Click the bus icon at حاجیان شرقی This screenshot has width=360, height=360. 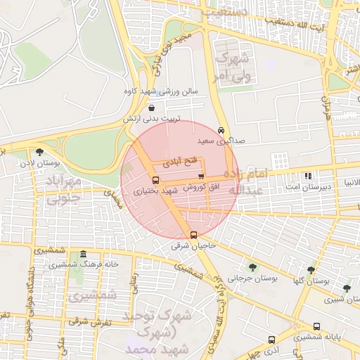click(x=194, y=236)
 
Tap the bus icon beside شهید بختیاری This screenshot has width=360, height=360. click(x=155, y=180)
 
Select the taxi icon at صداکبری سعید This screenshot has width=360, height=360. click(x=221, y=131)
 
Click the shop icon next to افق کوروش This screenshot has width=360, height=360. click(x=201, y=176)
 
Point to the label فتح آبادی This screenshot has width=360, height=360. click(x=181, y=162)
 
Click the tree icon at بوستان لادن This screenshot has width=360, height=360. click(x=39, y=152)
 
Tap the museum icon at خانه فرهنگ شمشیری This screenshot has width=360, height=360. click(x=84, y=254)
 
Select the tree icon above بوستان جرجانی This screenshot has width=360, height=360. click(x=252, y=266)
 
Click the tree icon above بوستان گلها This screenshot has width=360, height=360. click(x=311, y=269)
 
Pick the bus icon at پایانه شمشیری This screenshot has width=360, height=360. click(x=316, y=327)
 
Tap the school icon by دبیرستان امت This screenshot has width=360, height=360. click(x=307, y=176)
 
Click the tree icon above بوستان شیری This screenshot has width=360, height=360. click(x=346, y=288)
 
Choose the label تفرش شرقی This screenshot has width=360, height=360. click(x=86, y=322)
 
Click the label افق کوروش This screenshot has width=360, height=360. click(x=201, y=188)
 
